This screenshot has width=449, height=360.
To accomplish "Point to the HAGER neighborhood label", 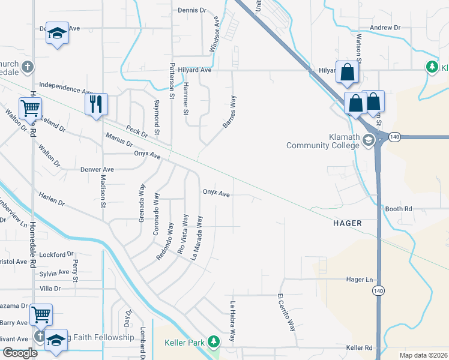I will point(348,223).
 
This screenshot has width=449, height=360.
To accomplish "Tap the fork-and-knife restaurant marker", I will point(95,104).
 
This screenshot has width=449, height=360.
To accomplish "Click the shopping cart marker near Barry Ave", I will point(41,314).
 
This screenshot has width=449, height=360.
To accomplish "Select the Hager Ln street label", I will point(360,280).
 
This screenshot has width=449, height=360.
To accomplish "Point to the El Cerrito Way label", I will point(287,313).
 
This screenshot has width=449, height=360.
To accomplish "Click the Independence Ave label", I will point(66,89).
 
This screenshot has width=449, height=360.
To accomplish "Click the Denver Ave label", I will point(97,170).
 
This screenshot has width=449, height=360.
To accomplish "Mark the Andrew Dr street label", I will point(385,28).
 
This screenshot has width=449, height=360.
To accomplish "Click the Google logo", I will point(20,353).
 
